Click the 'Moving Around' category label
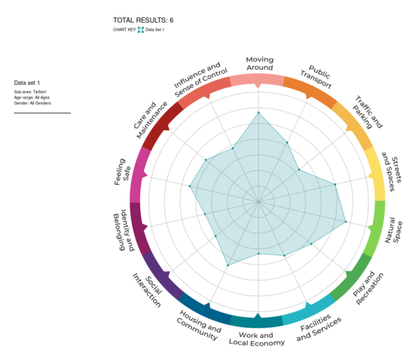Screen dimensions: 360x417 [x=259, y=64]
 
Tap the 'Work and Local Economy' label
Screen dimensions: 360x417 [x=256, y=339]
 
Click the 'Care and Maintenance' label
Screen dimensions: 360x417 [x=149, y=118]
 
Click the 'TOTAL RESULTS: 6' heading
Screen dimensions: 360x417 [x=143, y=20]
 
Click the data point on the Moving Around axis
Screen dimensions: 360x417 [x=259, y=113]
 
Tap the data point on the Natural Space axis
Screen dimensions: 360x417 [x=346, y=221]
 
